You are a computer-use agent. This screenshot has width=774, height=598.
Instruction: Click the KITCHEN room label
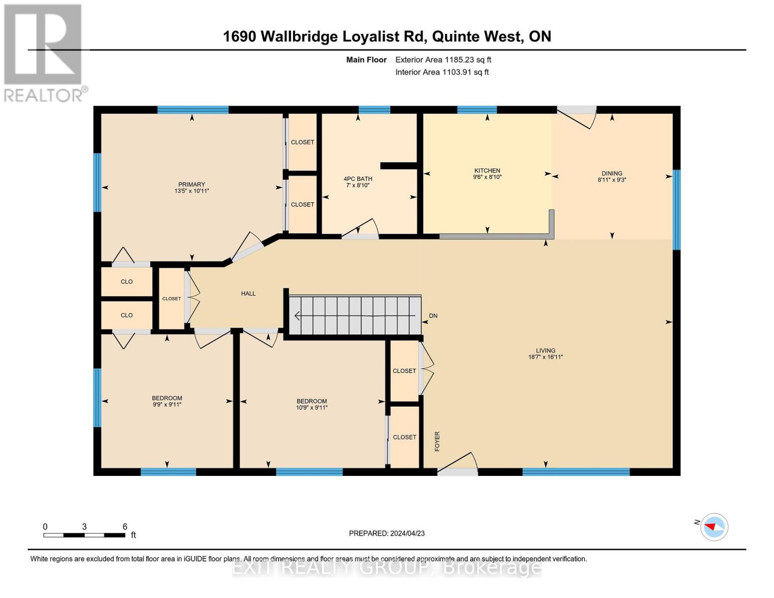point(487,170)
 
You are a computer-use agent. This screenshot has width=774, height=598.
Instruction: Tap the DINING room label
point(612,173)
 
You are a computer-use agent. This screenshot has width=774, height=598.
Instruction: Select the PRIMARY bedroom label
point(192,184)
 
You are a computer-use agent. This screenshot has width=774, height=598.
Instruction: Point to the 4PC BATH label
point(358,179)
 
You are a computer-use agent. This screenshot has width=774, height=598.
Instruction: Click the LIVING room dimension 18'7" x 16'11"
point(545,357)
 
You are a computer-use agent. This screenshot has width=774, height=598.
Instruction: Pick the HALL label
point(248,294)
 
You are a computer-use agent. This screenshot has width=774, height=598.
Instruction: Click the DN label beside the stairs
point(433,316)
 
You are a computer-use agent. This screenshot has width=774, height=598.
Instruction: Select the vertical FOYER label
point(437,442)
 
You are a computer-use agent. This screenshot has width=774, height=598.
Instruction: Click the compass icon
point(714,527)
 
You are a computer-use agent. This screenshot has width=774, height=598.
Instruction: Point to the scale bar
point(84,535)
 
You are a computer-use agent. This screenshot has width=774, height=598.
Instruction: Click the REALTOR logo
point(44,52)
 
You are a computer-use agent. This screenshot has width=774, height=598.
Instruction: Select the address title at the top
point(387,36)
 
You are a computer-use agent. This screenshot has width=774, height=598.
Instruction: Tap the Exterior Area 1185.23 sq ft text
point(443,60)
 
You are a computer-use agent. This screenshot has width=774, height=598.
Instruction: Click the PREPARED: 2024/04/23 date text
point(387,533)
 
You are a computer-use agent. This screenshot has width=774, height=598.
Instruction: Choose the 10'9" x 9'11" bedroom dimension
point(311,408)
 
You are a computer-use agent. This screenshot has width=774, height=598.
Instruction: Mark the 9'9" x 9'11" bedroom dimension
point(167,405)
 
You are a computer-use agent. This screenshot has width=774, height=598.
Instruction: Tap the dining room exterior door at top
point(577,117)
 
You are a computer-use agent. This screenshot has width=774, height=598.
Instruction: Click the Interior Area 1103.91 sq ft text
point(442,72)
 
